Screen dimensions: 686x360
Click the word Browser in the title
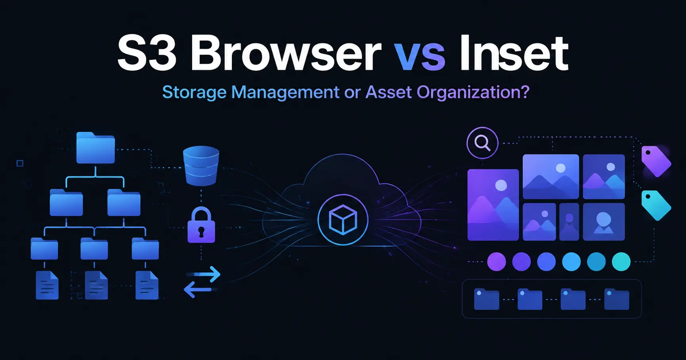pos(286,53)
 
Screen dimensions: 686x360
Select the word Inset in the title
pos(514,53)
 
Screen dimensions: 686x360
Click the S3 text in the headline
pos(147,53)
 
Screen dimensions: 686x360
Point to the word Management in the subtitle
pos(285,93)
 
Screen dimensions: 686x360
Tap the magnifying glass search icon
pos(482,143)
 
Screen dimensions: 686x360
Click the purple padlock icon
pos(201,225)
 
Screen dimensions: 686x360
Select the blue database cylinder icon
pos(201,166)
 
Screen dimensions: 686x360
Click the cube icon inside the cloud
pos(343,220)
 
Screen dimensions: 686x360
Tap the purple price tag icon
pos(656,161)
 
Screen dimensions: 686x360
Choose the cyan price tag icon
pos(656,205)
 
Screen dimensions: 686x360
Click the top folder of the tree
pos(96,148)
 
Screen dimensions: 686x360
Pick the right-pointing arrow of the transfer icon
pos(203,274)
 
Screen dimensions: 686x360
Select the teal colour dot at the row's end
pos(621,262)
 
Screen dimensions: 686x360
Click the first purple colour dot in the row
pos(497,262)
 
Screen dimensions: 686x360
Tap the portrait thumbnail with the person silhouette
pos(604,222)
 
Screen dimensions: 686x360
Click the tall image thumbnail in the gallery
pos(493,205)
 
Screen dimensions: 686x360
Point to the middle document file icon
pos(96,285)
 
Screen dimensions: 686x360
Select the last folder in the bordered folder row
pos(617,299)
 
